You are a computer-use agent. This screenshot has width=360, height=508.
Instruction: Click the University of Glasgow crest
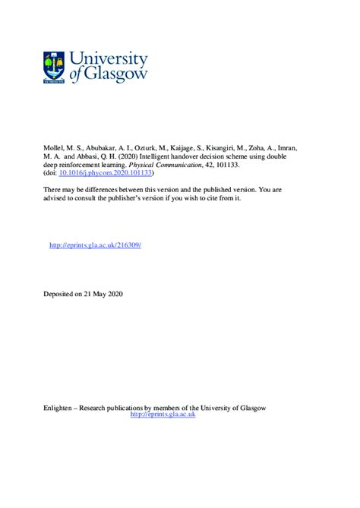point(54,67)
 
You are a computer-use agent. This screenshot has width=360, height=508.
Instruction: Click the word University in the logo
point(109,58)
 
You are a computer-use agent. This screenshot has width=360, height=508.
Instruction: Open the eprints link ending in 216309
point(95,245)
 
